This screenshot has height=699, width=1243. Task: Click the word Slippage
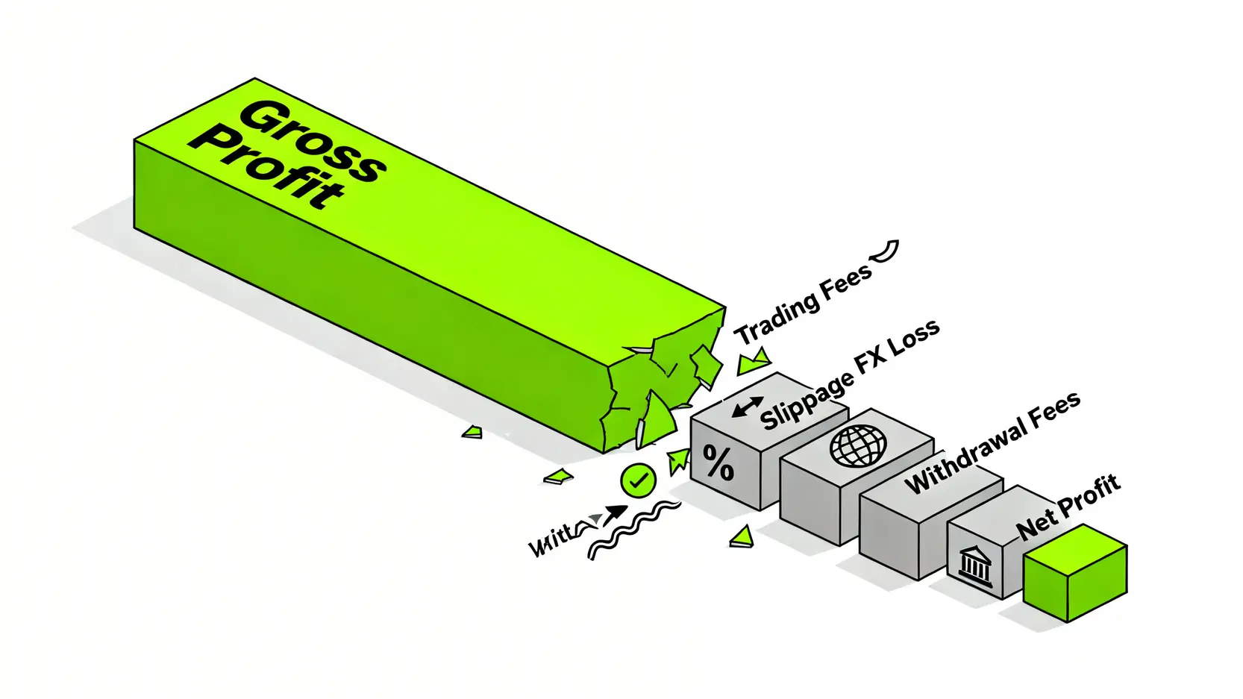(807, 400)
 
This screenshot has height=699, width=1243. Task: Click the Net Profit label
(1068, 507)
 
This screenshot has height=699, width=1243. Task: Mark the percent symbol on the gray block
(718, 463)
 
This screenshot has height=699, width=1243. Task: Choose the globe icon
(858, 445)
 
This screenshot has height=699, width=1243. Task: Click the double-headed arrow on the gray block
(748, 407)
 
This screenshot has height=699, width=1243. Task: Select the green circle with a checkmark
(639, 480)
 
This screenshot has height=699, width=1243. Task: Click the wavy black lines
(634, 529)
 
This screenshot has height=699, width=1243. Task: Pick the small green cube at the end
(1074, 572)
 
